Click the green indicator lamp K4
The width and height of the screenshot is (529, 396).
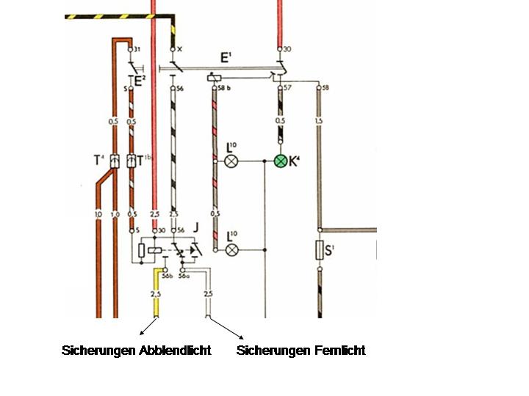tap(280, 161)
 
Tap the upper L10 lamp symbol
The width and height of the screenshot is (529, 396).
tap(231, 161)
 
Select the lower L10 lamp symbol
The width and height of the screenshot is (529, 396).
tap(231, 250)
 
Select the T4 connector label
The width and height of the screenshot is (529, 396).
tap(98, 160)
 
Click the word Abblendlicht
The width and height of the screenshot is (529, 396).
tap(175, 351)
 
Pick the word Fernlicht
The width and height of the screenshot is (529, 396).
tap(337, 351)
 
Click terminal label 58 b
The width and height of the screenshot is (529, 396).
tap(225, 87)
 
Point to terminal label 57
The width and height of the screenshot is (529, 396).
tap(288, 87)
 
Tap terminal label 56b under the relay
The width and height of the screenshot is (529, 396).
tap(167, 277)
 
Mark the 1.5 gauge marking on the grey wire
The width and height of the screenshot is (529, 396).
tap(318, 120)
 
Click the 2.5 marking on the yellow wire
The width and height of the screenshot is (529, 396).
tap(155, 294)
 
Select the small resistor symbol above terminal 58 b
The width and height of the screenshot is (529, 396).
tap(215, 76)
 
